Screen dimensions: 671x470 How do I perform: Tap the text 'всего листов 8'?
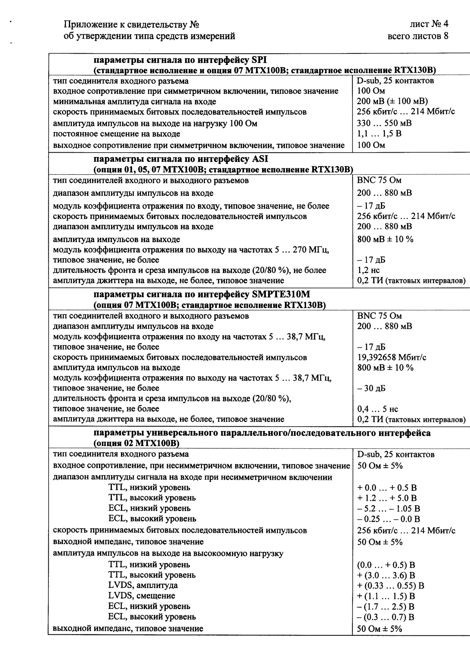click(x=418, y=36)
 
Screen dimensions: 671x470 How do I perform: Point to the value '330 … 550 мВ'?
click(x=384, y=123)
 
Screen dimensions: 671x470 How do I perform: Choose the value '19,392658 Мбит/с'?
click(x=392, y=357)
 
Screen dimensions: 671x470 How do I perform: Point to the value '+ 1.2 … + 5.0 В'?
click(x=387, y=498)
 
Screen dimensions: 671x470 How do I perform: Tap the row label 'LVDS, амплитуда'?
click(x=143, y=585)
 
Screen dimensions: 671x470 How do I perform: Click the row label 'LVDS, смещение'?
click(x=142, y=596)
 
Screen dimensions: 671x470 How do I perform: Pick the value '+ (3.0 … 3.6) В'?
click(x=386, y=575)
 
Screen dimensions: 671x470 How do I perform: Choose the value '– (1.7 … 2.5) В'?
click(x=386, y=607)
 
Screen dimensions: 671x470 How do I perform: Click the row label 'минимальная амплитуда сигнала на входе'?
click(x=134, y=102)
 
